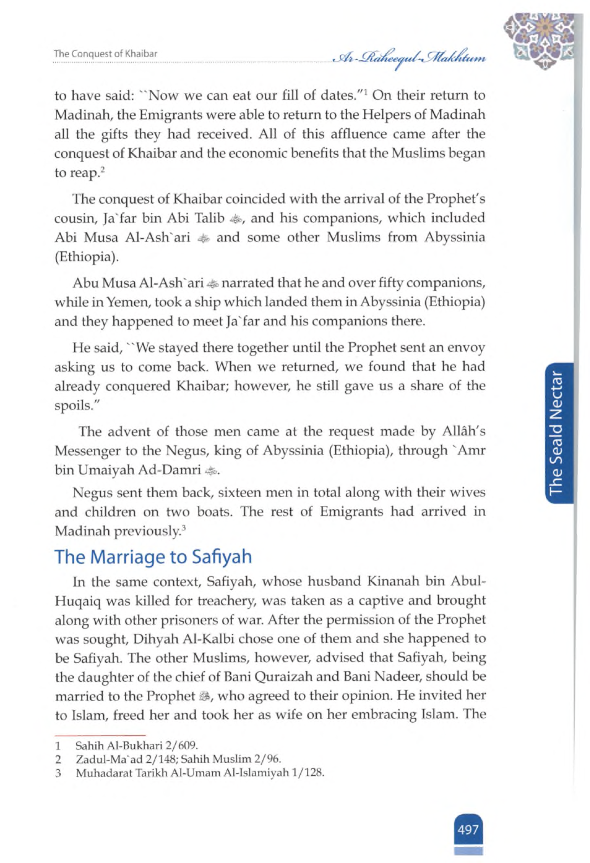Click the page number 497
point(468,829)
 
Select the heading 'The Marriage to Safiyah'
point(153,557)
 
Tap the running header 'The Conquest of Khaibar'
point(106,54)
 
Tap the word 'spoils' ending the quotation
point(72,406)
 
